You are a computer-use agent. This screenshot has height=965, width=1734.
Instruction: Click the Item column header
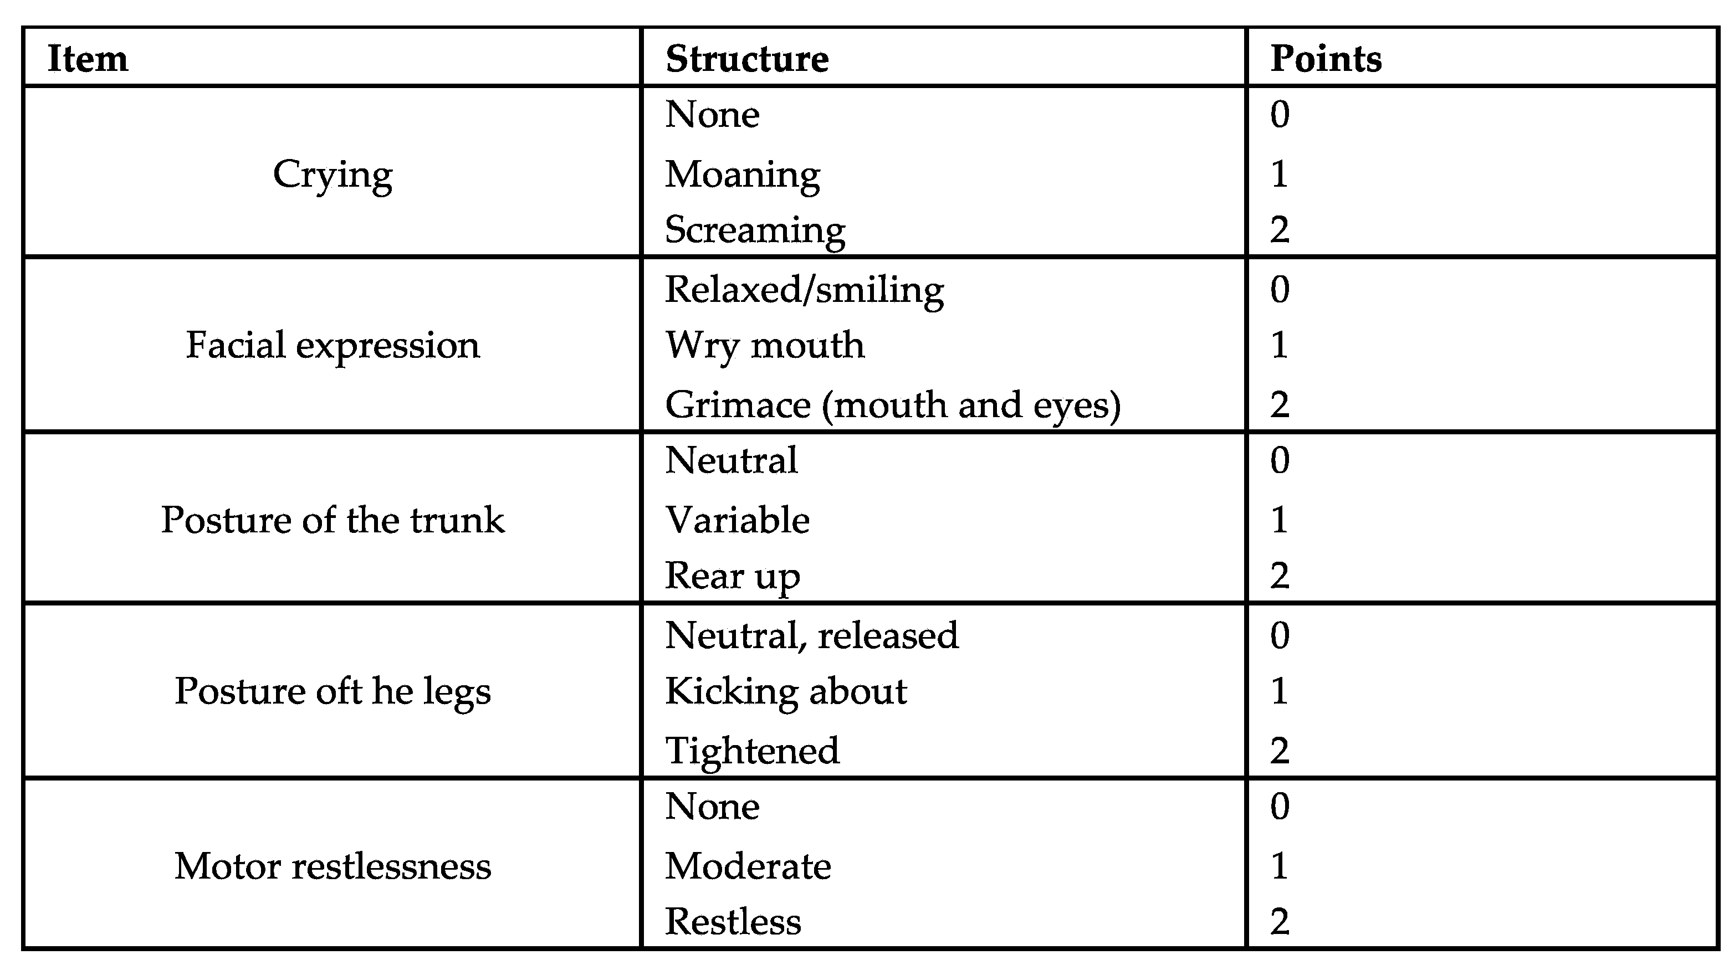pyautogui.click(x=88, y=59)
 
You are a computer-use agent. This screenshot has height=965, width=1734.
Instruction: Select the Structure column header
pyautogui.click(x=746, y=59)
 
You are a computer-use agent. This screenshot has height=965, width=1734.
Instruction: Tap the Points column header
pyautogui.click(x=1326, y=59)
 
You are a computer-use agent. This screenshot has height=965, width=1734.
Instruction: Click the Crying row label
pyautogui.click(x=333, y=175)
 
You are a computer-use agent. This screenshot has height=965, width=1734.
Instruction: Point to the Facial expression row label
pyautogui.click(x=333, y=346)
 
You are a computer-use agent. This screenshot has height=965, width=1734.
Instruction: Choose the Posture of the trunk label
pyautogui.click(x=333, y=520)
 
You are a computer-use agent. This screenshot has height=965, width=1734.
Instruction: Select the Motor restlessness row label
pyautogui.click(x=333, y=866)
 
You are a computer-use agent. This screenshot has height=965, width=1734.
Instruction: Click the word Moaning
pyautogui.click(x=743, y=175)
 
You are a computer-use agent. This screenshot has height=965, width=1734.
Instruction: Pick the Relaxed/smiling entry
pyautogui.click(x=805, y=291)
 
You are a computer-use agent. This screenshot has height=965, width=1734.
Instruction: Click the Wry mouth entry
pyautogui.click(x=765, y=346)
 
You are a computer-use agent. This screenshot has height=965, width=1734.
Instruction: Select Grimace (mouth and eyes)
pyautogui.click(x=893, y=405)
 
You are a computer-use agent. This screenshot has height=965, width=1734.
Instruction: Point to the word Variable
pyautogui.click(x=737, y=520)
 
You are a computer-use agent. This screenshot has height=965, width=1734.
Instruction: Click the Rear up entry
pyautogui.click(x=733, y=577)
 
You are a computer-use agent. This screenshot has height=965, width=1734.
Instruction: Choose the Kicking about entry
pyautogui.click(x=786, y=691)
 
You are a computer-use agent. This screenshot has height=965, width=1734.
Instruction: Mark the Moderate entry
pyautogui.click(x=748, y=866)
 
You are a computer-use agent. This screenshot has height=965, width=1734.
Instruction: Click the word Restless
pyautogui.click(x=733, y=922)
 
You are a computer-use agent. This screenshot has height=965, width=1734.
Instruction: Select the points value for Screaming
pyautogui.click(x=1280, y=230)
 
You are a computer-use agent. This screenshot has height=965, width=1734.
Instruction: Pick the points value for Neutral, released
pyautogui.click(x=1280, y=635)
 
